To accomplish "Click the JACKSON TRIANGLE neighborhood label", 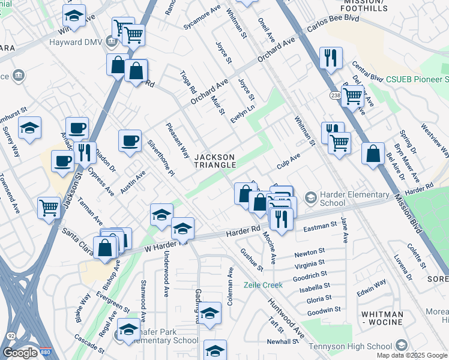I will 214,161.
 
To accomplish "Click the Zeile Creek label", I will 263,285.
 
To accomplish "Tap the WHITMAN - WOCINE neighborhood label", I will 382,319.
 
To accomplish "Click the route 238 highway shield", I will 334,95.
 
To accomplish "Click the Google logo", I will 20,353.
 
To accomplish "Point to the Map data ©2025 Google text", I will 412,355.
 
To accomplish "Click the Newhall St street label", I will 283,341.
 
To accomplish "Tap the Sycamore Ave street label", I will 203,19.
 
